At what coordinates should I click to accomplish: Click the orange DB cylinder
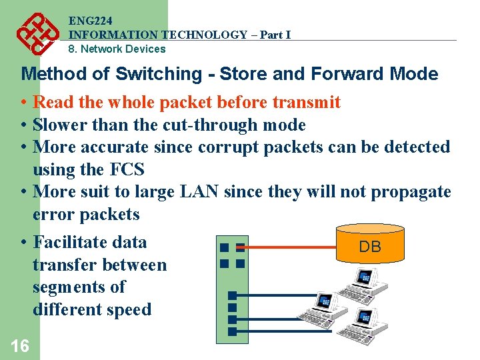coord(370,243)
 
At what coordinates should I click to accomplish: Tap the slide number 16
coord(20,345)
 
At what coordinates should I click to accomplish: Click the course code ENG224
coord(90,21)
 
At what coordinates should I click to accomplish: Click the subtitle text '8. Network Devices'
coord(117,49)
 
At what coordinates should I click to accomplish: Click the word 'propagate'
coord(411,192)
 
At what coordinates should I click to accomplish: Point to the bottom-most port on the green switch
coord(231,331)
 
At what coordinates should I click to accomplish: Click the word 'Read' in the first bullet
coord(53,102)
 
